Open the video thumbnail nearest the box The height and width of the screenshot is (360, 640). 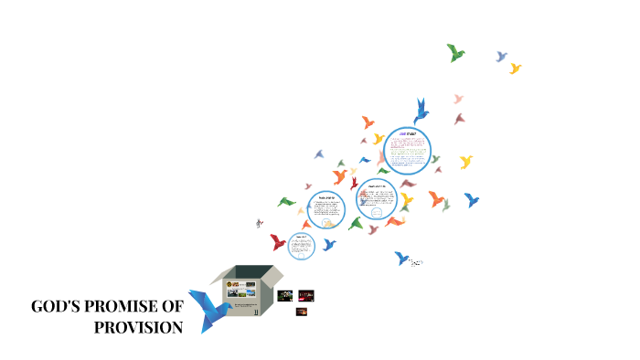[284, 296]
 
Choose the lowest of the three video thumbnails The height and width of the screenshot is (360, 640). [301, 312]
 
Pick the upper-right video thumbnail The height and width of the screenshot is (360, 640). [306, 294]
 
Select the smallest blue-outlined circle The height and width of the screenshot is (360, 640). [301, 244]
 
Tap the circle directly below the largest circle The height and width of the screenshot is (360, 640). [377, 199]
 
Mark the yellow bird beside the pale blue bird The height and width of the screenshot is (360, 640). [516, 69]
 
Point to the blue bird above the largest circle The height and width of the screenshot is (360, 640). [421, 112]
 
